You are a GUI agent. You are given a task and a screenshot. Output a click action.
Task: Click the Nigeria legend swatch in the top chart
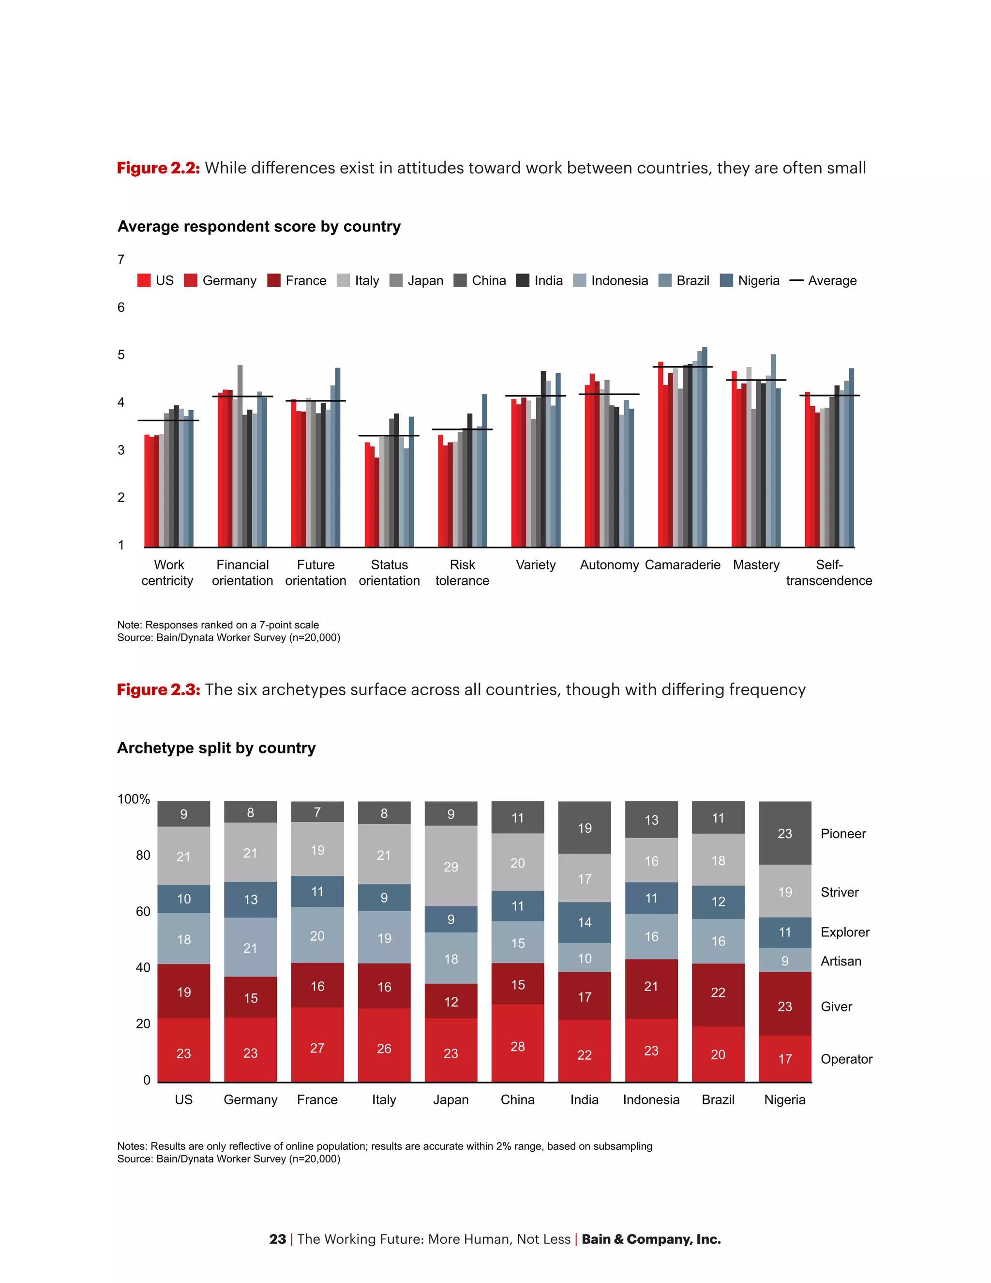pyautogui.click(x=726, y=280)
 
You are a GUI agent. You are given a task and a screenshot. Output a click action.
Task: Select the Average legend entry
pyautogui.click(x=823, y=281)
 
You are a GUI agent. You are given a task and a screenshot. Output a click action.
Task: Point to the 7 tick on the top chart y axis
pyautogui.click(x=121, y=259)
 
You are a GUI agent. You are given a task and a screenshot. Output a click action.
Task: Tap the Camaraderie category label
pyautogui.click(x=682, y=565)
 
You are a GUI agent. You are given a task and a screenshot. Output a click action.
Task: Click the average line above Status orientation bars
pyautogui.click(x=389, y=435)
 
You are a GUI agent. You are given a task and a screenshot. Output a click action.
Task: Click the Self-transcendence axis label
pyautogui.click(x=828, y=572)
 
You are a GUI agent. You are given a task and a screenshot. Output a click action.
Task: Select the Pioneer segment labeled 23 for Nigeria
pyautogui.click(x=784, y=833)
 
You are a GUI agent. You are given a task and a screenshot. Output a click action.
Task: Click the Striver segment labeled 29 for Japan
pyautogui.click(x=450, y=867)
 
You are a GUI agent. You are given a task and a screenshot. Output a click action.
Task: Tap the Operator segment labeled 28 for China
pyautogui.click(x=517, y=1046)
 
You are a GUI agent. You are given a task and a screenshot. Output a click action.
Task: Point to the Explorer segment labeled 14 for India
pyautogui.click(x=584, y=922)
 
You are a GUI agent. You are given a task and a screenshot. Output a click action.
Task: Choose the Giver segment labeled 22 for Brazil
pyautogui.click(x=718, y=992)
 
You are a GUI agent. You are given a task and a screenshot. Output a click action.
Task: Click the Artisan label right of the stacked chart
pyautogui.click(x=841, y=961)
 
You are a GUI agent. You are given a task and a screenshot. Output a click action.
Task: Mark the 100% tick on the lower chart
pyautogui.click(x=134, y=799)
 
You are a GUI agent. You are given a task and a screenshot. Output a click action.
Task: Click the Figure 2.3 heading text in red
pyautogui.click(x=159, y=689)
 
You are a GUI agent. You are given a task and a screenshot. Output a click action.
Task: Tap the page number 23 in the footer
pyautogui.click(x=277, y=1239)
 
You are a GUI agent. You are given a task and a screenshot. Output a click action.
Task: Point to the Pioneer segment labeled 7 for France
pyautogui.click(x=317, y=812)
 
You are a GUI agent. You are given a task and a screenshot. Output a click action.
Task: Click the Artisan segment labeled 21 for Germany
pyautogui.click(x=250, y=947)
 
